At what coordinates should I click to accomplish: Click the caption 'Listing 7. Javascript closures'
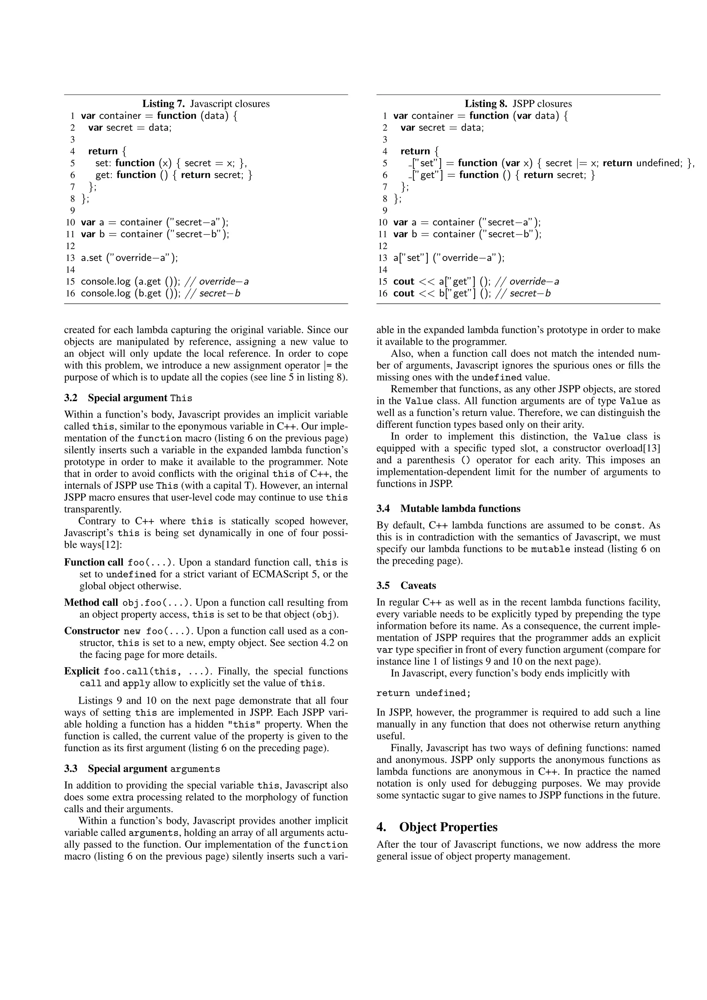click(x=206, y=104)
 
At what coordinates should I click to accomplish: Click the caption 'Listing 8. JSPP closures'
click(x=518, y=104)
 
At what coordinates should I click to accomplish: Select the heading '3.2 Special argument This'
click(x=128, y=398)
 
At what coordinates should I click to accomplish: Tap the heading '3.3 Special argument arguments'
click(x=142, y=769)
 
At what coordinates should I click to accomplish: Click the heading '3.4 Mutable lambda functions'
click(x=448, y=508)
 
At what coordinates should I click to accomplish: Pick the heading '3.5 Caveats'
click(x=406, y=585)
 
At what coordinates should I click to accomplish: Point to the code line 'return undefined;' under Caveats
click(x=423, y=693)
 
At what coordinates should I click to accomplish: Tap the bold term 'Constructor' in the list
click(x=92, y=631)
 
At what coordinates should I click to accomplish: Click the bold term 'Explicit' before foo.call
click(x=82, y=671)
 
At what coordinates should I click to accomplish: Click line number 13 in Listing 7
click(x=70, y=258)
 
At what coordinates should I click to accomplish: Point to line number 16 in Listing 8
click(x=382, y=293)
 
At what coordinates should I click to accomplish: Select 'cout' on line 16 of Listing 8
click(x=404, y=293)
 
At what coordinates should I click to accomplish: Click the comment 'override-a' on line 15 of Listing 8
click(x=534, y=281)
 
